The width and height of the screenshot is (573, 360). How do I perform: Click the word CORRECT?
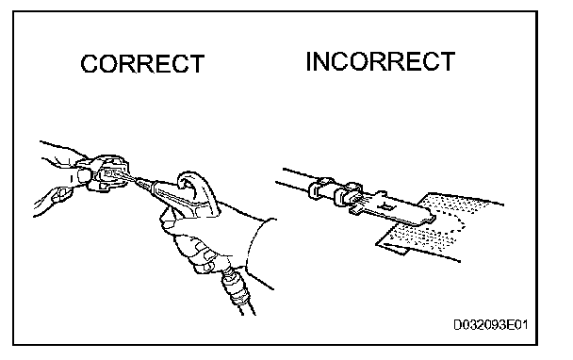(x=142, y=64)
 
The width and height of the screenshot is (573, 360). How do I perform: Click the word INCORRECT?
(x=381, y=61)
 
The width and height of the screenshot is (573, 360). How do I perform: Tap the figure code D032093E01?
(x=491, y=324)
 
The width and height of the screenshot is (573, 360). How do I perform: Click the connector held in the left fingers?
(x=107, y=172)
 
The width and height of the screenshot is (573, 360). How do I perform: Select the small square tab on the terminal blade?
(x=386, y=207)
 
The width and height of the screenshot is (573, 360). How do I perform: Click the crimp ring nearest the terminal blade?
(x=347, y=195)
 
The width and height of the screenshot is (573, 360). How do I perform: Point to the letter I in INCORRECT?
(x=309, y=61)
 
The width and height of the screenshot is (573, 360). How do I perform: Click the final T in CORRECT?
(x=196, y=64)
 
